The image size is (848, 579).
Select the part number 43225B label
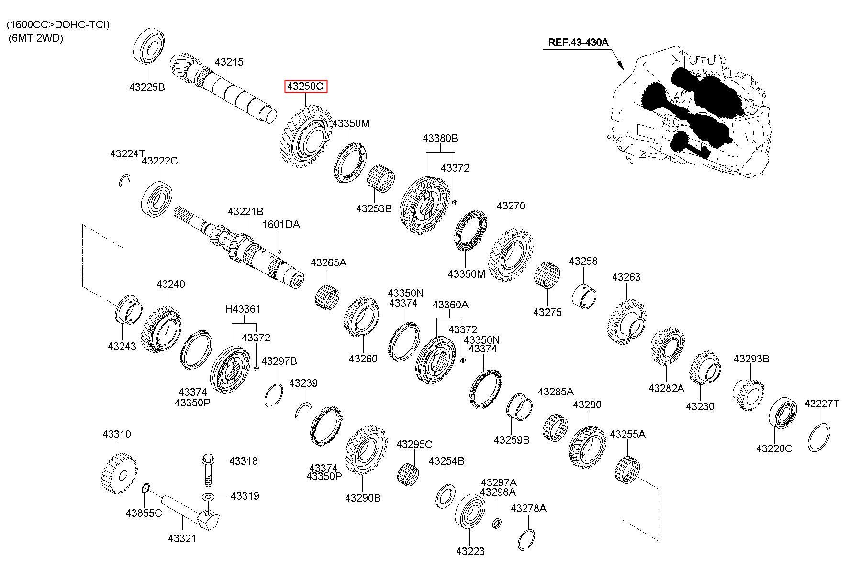pos(147,87)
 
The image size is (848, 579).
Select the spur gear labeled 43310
pos(119,474)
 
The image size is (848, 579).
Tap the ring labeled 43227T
pos(819,437)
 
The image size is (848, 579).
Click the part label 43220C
pos(774,448)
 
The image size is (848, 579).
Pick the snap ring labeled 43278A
pos(526,541)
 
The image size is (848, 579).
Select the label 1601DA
pos(281,224)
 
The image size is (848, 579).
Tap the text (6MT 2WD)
pos(36,39)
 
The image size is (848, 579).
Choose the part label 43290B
pos(363,498)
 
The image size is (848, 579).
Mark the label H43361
pos(243,309)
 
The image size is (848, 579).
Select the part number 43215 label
pos(229,62)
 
